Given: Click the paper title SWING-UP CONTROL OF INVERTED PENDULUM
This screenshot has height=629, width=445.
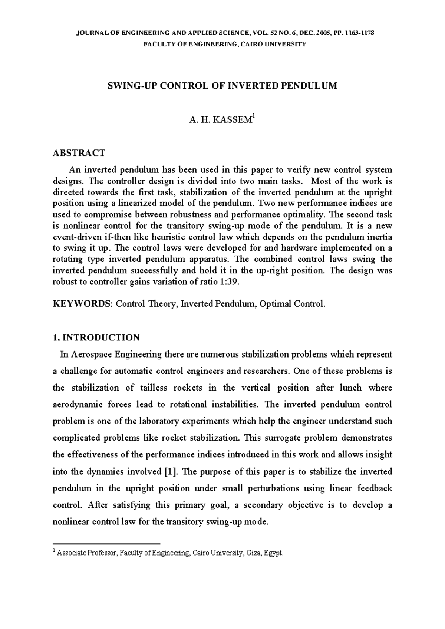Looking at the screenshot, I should (x=222, y=86).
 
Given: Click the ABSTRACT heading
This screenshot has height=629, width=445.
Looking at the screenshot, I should (x=79, y=153).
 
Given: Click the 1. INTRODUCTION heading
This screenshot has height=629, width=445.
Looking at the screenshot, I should (x=96, y=337).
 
